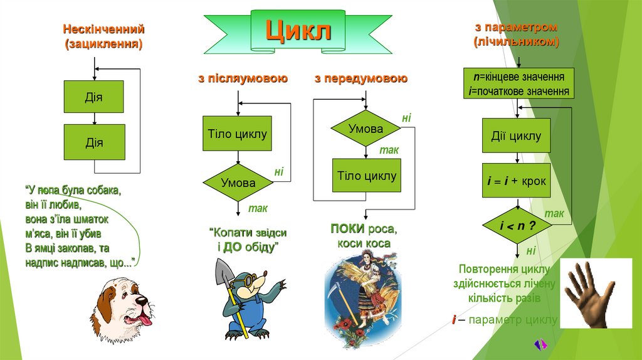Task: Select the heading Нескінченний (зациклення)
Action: pyautogui.click(x=103, y=37)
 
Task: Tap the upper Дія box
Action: pyautogui.click(x=94, y=97)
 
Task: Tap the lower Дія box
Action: pyautogui.click(x=94, y=142)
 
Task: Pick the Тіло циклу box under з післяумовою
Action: pyautogui.click(x=237, y=134)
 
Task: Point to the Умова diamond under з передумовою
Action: pyautogui.click(x=366, y=129)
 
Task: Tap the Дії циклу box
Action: pyautogui.click(x=516, y=135)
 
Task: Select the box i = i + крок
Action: pyautogui.click(x=517, y=181)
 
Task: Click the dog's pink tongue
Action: pyautogui.click(x=145, y=320)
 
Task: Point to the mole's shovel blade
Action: pyautogui.click(x=224, y=273)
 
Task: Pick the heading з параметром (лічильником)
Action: pyautogui.click(x=516, y=35)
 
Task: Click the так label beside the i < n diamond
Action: pyautogui.click(x=553, y=214)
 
